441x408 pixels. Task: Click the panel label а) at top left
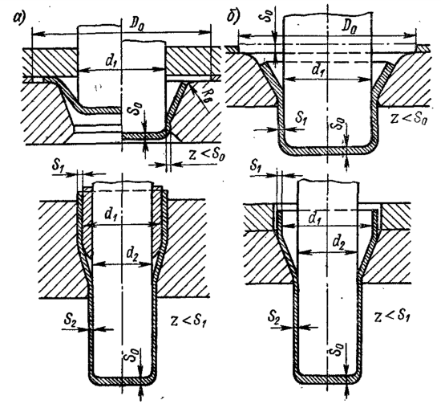pos(20,19)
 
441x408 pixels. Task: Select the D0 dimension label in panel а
pos(136,26)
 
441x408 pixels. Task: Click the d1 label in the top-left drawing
pos(112,62)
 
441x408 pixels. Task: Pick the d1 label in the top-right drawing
pos(318,70)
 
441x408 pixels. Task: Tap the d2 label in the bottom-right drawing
pos(339,243)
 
